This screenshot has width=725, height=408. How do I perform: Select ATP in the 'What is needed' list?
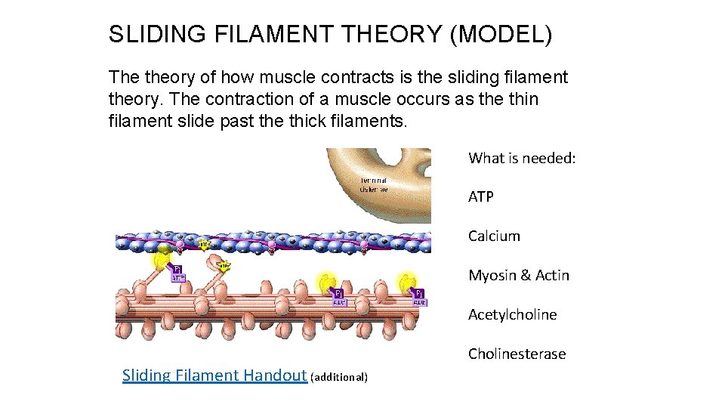[481, 196]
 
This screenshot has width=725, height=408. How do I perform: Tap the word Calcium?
[494, 236]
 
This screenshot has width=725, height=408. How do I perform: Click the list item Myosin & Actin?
[519, 275]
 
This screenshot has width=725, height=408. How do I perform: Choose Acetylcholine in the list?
[512, 314]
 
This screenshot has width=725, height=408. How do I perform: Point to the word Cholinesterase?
[517, 354]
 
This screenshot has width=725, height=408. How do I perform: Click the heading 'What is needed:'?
[522, 158]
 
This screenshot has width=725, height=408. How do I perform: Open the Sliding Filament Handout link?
[214, 376]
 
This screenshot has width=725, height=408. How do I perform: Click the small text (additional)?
[339, 376]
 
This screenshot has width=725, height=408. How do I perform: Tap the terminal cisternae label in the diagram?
[374, 185]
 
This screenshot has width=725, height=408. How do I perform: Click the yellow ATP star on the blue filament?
[205, 244]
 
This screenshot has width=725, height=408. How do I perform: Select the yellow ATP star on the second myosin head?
[224, 266]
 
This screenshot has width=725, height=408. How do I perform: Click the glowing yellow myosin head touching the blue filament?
[161, 259]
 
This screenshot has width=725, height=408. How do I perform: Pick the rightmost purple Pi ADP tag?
[420, 297]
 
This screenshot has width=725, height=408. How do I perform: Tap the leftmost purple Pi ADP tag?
[178, 273]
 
